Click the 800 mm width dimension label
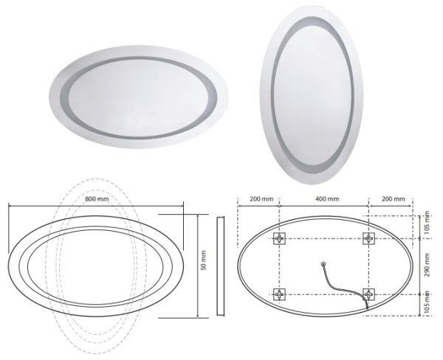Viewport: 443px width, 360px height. (x=97, y=198)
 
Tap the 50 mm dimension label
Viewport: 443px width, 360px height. (x=204, y=260)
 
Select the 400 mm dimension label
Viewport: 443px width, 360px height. (x=327, y=198)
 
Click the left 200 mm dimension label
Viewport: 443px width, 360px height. (x=261, y=198)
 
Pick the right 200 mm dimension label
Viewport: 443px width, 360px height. (x=394, y=198)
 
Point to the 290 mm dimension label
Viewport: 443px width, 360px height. (x=427, y=265)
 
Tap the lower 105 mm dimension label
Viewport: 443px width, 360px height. (x=427, y=302)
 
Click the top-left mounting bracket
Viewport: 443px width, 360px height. (x=279, y=238)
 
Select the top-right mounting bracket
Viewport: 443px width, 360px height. (x=368, y=238)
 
